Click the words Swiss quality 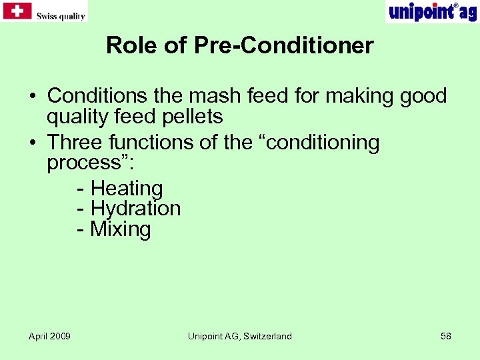[x=61, y=16]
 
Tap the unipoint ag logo [x=432, y=11]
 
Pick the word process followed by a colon [x=86, y=163]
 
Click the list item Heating [x=127, y=189]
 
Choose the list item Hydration [x=135, y=209]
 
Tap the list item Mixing [x=121, y=229]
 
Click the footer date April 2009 [x=49, y=336]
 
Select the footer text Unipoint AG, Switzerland [x=239, y=336]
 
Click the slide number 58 [x=445, y=336]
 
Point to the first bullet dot [x=33, y=97]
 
